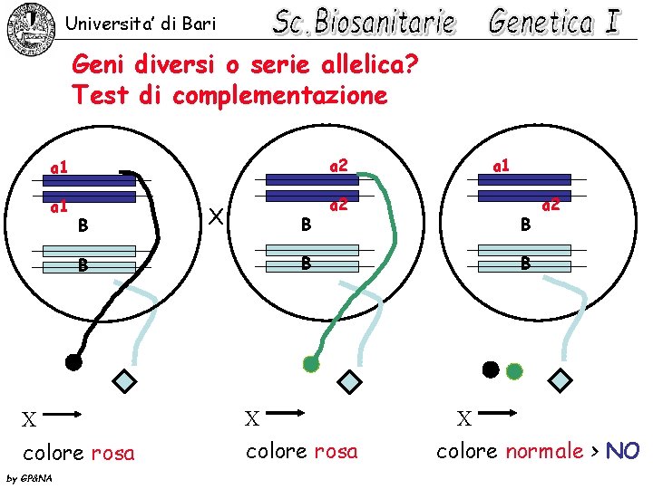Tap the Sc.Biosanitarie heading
pyautogui.click(x=364, y=23)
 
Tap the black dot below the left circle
pyautogui.click(x=74, y=362)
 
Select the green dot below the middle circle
pyautogui.click(x=311, y=364)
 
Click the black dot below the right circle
pyautogui.click(x=491, y=369)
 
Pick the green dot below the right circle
pyautogui.click(x=514, y=370)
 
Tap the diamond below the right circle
pyautogui.click(x=562, y=379)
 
